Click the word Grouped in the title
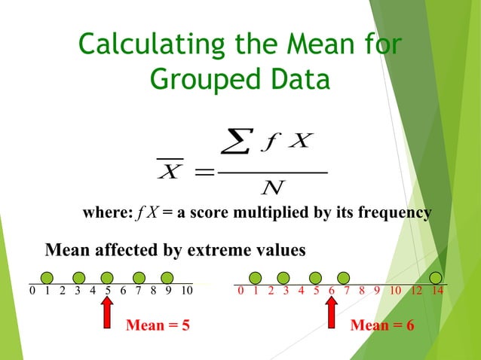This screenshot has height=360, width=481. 198,78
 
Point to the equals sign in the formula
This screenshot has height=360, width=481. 203,172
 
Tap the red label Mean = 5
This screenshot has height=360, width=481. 157,325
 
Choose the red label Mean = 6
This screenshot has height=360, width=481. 382,325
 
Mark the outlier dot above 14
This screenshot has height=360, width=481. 437,277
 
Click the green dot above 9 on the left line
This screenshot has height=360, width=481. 167,277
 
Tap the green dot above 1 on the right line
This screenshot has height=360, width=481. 256,277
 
